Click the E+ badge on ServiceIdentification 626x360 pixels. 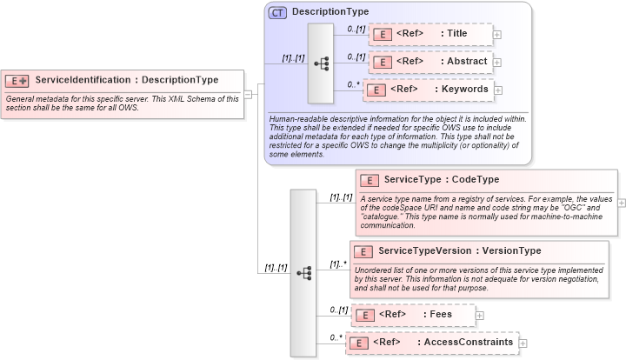point(17,80)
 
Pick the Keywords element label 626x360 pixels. point(462,89)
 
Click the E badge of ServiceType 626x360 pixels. point(369,180)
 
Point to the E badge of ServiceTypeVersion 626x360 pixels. point(363,251)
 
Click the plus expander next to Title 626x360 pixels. point(497,35)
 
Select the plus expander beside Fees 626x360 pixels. point(480,315)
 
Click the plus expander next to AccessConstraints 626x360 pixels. point(523,343)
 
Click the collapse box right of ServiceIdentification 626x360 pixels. point(248,94)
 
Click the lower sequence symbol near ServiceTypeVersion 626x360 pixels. point(303,272)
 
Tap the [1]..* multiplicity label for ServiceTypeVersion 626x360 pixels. point(338,264)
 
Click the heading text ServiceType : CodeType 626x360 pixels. point(441,179)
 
